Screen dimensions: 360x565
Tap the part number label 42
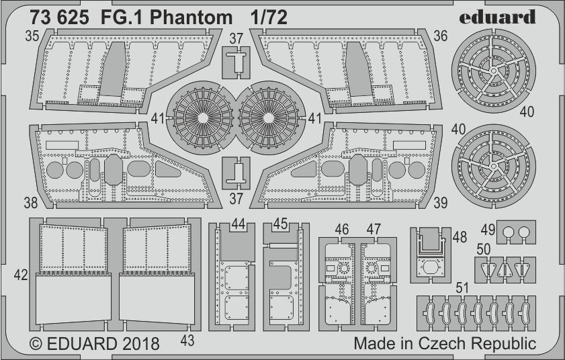pyautogui.click(x=21, y=274)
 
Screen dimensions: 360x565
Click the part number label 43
pyautogui.click(x=187, y=341)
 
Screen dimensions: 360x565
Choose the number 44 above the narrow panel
pyautogui.click(x=237, y=224)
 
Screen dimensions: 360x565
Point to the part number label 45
pyautogui.click(x=281, y=224)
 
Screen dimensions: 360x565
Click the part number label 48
pyautogui.click(x=460, y=236)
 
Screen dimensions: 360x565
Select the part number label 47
pyautogui.click(x=374, y=230)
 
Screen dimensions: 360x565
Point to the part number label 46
pyautogui.click(x=342, y=230)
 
